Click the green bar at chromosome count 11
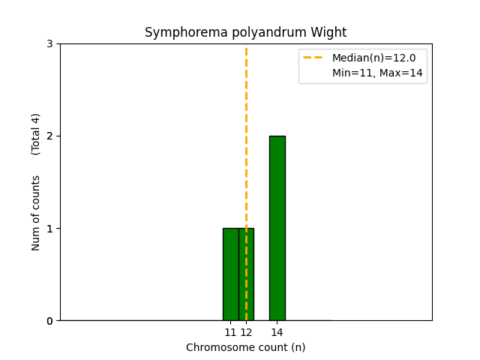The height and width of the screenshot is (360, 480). (x=230, y=274)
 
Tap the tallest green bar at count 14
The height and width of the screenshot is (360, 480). (x=277, y=228)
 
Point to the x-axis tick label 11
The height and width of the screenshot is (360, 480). (x=230, y=332)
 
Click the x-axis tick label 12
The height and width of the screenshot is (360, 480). (x=246, y=332)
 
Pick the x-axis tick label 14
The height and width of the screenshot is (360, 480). (x=277, y=332)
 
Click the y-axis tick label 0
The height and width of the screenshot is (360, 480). (x=50, y=321)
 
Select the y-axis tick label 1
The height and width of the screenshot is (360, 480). (x=50, y=229)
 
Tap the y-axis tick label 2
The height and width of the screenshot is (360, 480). (x=50, y=136)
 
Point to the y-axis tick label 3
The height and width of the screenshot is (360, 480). (x=50, y=44)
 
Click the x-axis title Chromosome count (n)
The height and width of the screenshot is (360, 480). (x=246, y=347)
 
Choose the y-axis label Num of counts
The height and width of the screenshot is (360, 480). (x=36, y=213)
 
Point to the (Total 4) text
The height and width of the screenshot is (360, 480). (x=36, y=134)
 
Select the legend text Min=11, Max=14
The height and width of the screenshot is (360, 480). (x=377, y=73)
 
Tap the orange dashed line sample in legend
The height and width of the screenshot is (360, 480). (x=313, y=57)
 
